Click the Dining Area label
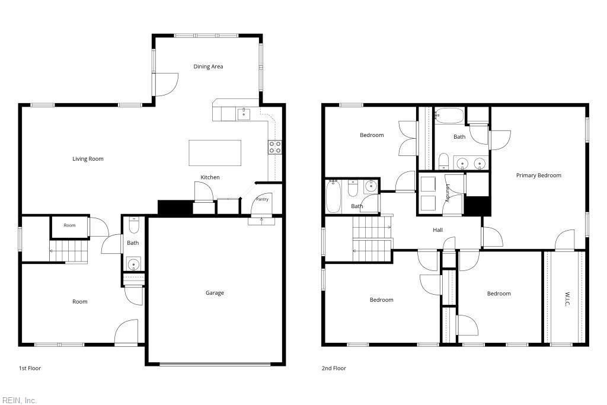(x=208, y=66)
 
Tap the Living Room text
(x=88, y=159)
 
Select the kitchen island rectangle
(x=215, y=153)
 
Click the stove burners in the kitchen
(x=275, y=147)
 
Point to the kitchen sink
(x=244, y=114)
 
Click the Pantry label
(x=262, y=199)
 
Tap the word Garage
(x=215, y=293)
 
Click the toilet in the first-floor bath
(x=133, y=225)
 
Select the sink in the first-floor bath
(x=133, y=264)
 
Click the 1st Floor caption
(x=30, y=368)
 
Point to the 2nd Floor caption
(x=334, y=368)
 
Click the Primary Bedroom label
(x=538, y=176)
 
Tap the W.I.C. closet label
(x=567, y=298)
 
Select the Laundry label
(x=447, y=193)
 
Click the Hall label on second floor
(x=438, y=230)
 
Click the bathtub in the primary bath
(x=449, y=116)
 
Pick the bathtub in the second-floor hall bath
(x=333, y=196)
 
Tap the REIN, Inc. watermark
(x=20, y=400)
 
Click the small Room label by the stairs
(x=70, y=225)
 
